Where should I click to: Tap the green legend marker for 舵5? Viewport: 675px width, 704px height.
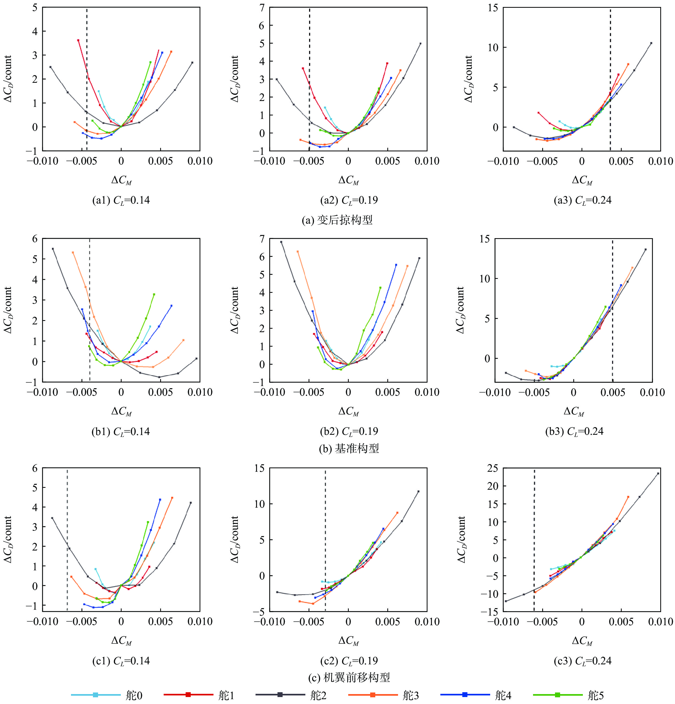pos(557,695)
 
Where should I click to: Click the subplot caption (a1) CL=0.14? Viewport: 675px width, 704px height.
pos(121,200)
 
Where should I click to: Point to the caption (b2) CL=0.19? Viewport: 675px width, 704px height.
pos(348,431)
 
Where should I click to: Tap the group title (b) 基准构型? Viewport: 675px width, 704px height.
pos(348,448)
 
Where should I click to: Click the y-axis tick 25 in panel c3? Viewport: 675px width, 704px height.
pos(493,468)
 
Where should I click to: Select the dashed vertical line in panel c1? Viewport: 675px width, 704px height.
pos(67,539)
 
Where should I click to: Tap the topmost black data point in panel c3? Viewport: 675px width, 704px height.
pos(658,473)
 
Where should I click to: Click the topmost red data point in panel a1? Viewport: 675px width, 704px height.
pos(78,40)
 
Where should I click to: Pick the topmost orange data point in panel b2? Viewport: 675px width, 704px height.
pos(297,252)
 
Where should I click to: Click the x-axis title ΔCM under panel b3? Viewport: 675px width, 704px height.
pos(574,411)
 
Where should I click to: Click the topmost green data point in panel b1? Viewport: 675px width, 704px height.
pos(154,294)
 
